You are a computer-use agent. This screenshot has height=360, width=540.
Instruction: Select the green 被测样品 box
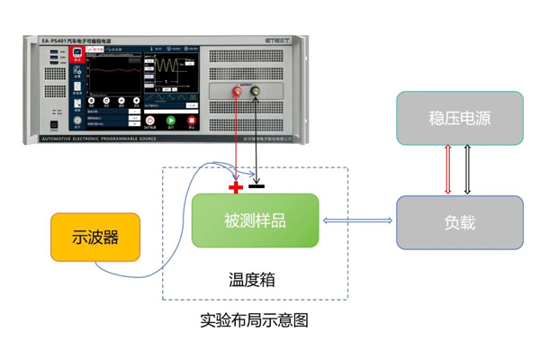[255, 220]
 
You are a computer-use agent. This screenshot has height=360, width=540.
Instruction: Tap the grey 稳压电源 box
[460, 118]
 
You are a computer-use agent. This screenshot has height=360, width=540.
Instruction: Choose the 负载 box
[460, 222]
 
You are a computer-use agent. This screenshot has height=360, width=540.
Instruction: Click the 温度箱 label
[251, 280]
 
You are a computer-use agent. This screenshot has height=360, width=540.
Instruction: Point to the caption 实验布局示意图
[254, 319]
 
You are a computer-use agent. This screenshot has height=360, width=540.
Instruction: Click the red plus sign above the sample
[236, 187]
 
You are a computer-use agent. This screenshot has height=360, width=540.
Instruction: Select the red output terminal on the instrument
[238, 91]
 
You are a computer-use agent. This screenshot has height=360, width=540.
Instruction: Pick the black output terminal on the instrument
[257, 91]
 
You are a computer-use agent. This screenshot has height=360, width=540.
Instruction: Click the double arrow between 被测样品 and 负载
[357, 221]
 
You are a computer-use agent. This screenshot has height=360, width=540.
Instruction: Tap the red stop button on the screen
[191, 121]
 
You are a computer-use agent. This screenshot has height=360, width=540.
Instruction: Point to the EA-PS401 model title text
[81, 40]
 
